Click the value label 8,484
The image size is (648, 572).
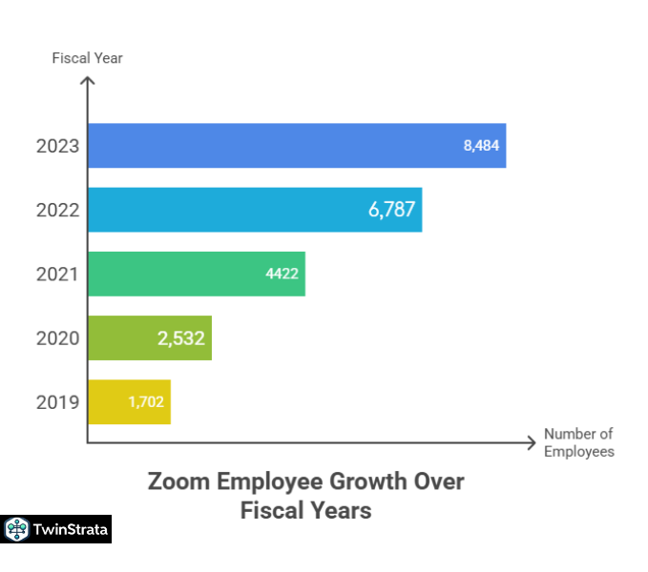coord(481,146)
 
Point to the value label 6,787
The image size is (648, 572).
coord(391,210)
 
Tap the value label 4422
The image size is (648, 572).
coord(282,275)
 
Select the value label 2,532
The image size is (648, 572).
coord(181,337)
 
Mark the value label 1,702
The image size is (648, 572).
coord(145,401)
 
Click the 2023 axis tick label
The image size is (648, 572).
coord(57,147)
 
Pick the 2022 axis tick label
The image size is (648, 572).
coord(57,211)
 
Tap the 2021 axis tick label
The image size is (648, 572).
coord(57,275)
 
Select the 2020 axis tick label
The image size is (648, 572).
coord(57,338)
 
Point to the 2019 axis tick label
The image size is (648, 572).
coord(57,402)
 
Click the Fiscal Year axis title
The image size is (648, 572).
coord(87,58)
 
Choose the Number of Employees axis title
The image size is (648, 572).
coord(578,442)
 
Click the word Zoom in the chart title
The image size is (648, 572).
coord(178,480)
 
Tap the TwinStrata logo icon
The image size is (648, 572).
coord(15,529)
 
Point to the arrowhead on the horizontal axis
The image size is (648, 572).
coord(531,442)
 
